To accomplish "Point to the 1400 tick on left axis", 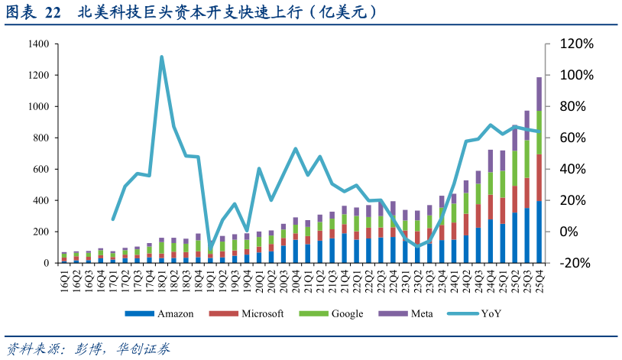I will point(39,44).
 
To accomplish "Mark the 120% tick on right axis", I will point(576,44).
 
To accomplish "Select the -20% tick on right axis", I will point(576,263).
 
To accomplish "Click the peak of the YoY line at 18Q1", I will point(161,57).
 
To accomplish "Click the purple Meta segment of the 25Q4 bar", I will point(539,93).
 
